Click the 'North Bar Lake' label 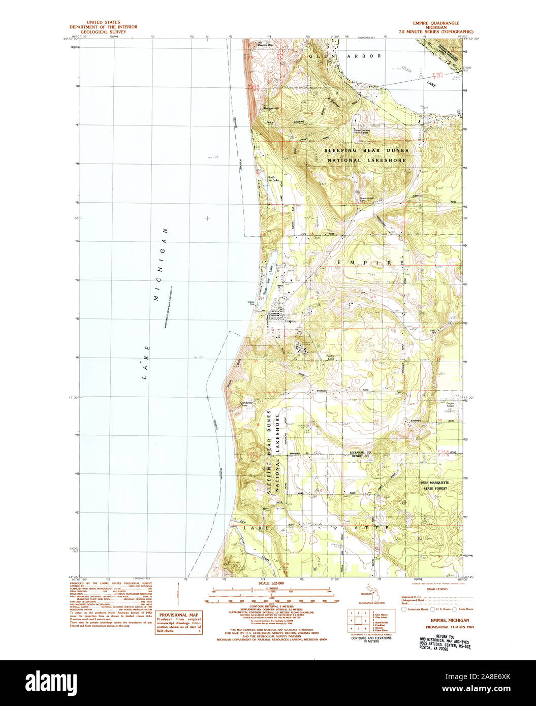[273, 179]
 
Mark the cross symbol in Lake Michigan [207, 218]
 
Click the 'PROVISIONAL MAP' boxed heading [178, 615]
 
